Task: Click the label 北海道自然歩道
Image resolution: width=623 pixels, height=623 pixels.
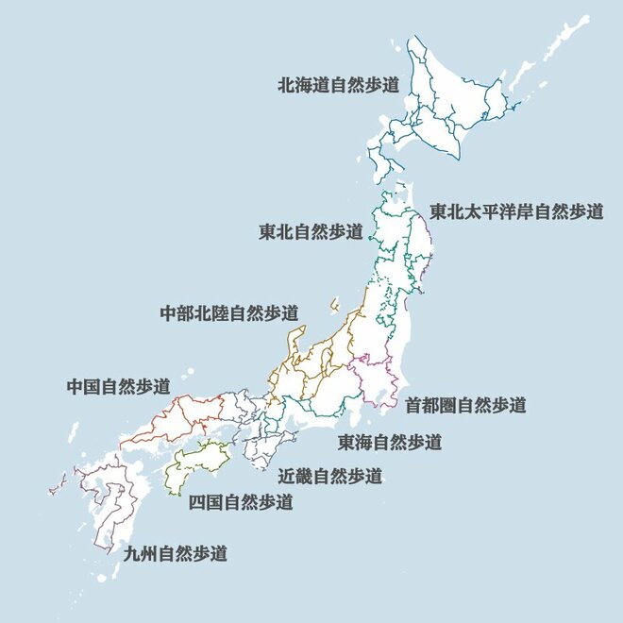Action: pos(338,84)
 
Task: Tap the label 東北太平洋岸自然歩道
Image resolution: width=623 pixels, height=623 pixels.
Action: pos(516,211)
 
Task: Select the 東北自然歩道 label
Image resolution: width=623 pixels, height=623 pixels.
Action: pos(311,231)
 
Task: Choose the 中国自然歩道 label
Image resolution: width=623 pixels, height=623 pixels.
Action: pos(119,386)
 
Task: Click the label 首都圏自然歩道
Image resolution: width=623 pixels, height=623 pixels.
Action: pos(465,405)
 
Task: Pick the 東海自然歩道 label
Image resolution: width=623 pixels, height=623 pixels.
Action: pos(390,441)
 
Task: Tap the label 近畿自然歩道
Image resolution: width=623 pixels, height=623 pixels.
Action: pos(330,475)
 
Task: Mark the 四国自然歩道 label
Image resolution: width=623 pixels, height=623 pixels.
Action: pos(241,502)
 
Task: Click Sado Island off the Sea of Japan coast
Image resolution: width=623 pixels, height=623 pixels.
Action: pos(334,306)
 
